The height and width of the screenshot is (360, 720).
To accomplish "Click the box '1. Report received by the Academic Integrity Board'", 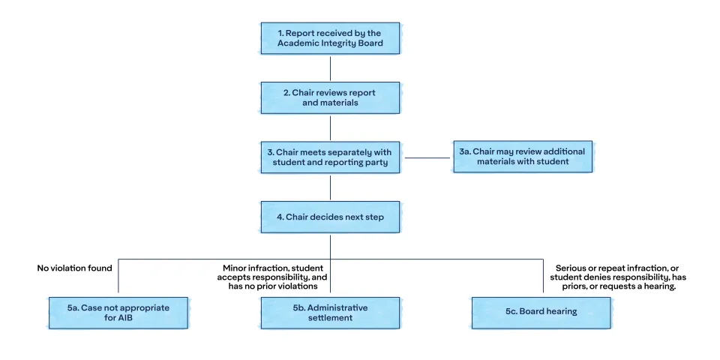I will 330,38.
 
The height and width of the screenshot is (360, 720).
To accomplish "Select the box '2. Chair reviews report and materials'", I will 330,97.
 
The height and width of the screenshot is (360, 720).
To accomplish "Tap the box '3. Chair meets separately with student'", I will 330,157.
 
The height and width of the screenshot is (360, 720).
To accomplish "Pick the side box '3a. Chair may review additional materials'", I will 523,157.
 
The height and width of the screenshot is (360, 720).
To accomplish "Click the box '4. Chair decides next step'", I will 330,217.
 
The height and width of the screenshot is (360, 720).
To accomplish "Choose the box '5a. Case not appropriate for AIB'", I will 118,313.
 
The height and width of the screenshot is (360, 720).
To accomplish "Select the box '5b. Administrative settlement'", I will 330,313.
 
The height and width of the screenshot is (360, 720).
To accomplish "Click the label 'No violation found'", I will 74,268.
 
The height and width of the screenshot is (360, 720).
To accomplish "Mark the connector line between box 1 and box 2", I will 330,68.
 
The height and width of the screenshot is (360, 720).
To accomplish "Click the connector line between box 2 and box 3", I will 330,127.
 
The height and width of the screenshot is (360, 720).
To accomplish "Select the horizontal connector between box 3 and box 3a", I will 428,158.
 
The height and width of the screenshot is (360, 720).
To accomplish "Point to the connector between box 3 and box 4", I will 330,187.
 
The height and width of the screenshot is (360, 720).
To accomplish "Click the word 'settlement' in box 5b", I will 330,318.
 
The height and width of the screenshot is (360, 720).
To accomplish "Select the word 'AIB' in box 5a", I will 126,318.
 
